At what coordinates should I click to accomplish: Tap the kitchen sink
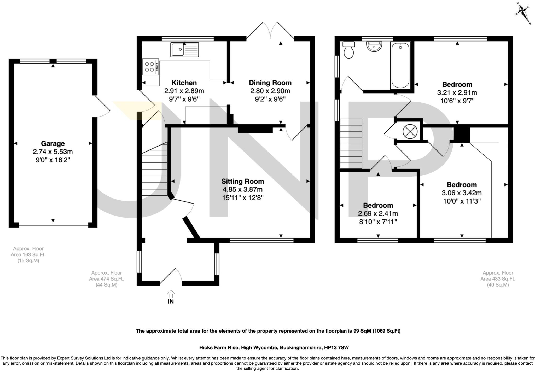point(184,50)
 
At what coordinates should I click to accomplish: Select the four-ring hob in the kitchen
point(150,67)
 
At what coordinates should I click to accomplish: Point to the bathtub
point(400,65)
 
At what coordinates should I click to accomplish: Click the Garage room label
point(53,143)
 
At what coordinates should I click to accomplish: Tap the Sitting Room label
point(242,181)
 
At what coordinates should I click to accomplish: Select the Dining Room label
point(270,83)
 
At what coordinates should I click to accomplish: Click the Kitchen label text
point(184,83)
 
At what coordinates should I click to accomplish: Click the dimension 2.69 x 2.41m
point(378,214)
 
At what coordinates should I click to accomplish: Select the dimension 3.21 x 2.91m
point(457,93)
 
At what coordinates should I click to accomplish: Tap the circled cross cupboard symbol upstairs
point(410,131)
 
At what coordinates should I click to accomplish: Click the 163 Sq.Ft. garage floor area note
point(28,254)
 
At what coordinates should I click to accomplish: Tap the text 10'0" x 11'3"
point(462,201)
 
